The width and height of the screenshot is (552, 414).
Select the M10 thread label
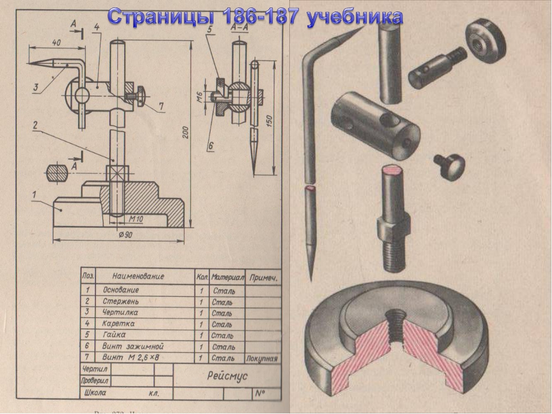(136, 219)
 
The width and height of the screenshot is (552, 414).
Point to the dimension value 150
(269, 121)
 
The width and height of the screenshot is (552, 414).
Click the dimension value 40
(56, 43)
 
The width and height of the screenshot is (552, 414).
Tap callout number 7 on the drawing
(161, 106)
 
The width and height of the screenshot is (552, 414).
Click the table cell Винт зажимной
(133, 346)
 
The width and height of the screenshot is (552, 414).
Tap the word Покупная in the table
(262, 358)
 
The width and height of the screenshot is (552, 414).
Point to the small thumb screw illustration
(449, 166)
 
